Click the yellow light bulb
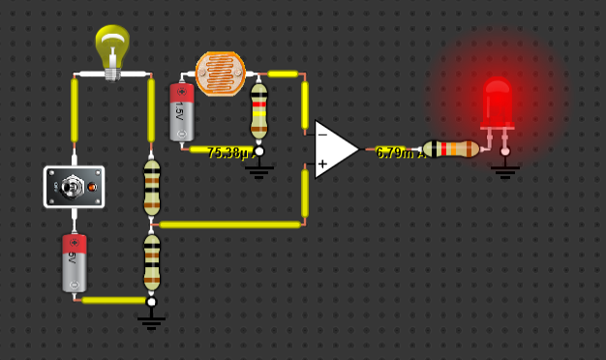112,48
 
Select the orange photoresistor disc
221,74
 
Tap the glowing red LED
497,103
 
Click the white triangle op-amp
334,149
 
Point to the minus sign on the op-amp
322,135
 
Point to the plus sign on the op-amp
322,165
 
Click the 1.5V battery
181,112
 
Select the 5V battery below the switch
75,262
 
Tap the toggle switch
75,186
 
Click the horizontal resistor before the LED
451,149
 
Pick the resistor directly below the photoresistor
258,111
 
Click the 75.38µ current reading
227,153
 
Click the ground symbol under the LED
504,170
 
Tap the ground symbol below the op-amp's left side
258,171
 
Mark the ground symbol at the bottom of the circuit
151,320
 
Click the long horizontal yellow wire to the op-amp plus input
229,225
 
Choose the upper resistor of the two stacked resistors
152,186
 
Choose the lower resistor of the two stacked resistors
152,262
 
